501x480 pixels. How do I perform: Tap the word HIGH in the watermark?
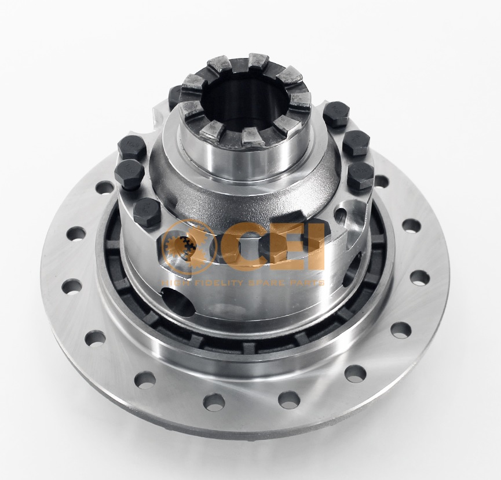(174, 283)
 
